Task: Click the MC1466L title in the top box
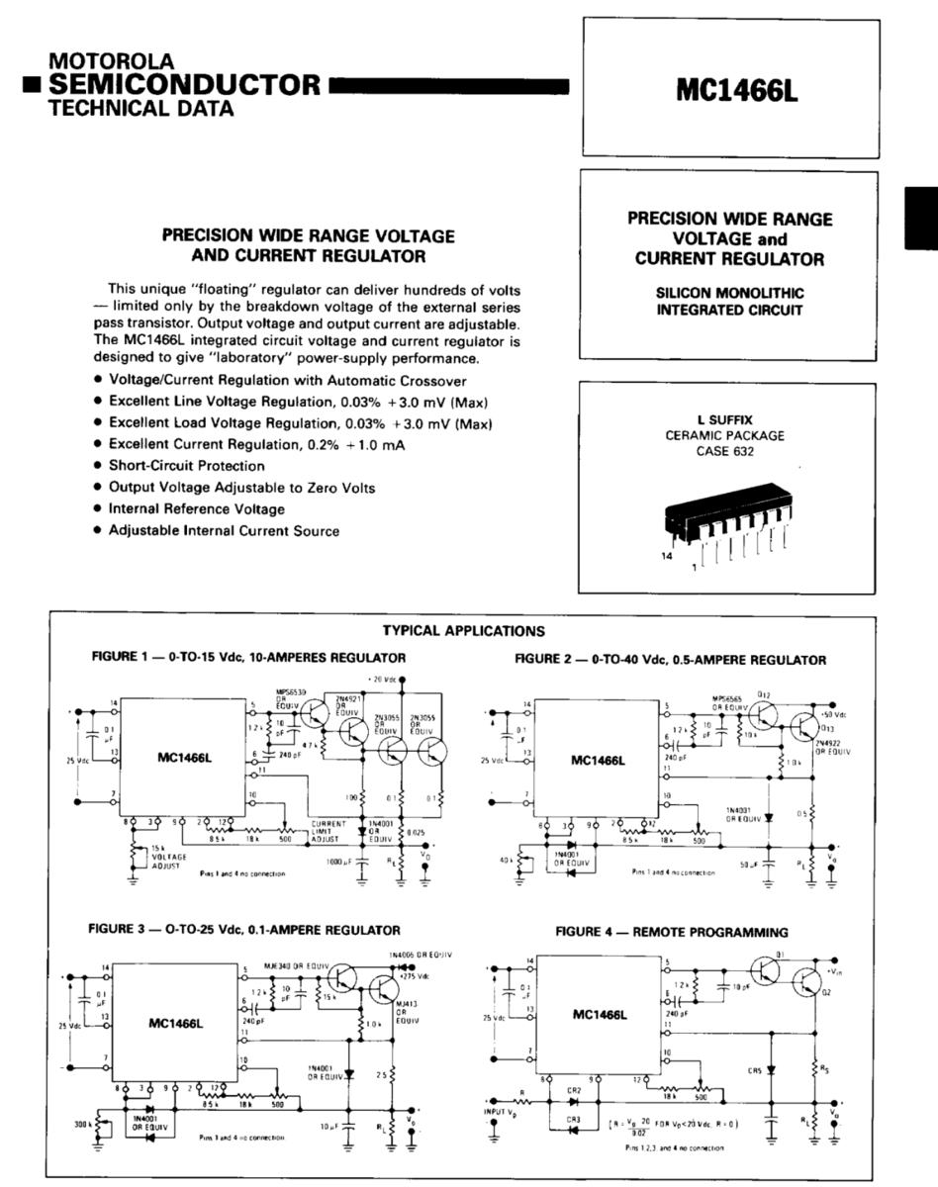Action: [x=736, y=91]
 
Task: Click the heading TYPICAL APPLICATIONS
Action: [x=462, y=629]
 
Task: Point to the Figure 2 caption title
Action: [x=670, y=659]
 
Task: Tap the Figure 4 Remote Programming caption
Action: [x=672, y=932]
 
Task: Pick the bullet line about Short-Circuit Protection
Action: [x=186, y=465]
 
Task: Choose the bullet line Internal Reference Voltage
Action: [x=196, y=508]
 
